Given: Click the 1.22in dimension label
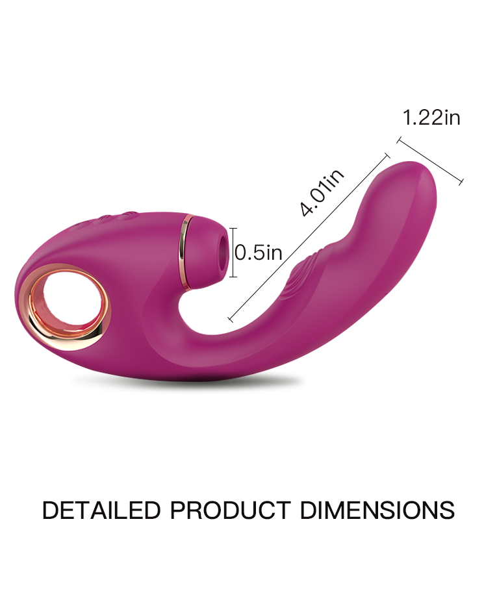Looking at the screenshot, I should point(431,118).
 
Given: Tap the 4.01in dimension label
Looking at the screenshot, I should point(323,192).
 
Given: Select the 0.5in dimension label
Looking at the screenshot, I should point(259,252).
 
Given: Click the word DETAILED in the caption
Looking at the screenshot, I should point(101,510).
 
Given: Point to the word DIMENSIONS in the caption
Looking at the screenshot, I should point(377,510).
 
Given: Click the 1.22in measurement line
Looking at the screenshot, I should point(429,161).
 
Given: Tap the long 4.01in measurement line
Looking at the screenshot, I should point(309,237).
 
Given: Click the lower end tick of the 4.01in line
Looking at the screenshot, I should point(231,319).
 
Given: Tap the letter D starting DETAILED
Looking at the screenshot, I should point(50,510).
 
